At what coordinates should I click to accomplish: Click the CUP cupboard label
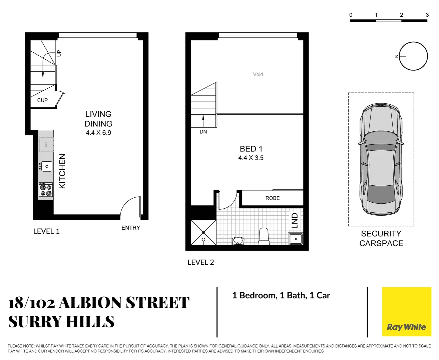[42, 100]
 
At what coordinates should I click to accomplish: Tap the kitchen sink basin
[47, 166]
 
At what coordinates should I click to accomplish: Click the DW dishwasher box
[46, 144]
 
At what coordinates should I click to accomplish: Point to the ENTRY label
[130, 228]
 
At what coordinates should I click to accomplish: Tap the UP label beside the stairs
[59, 53]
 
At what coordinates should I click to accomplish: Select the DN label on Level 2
[203, 132]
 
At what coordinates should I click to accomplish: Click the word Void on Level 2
[258, 74]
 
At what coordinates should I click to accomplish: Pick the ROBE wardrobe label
[273, 198]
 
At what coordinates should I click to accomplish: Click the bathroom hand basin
[238, 241]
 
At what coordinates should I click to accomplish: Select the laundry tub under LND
[296, 239]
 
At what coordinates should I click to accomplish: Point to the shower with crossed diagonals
[203, 232]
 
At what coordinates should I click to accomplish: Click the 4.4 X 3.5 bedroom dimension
[251, 158]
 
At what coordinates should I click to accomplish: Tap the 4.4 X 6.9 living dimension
[98, 133]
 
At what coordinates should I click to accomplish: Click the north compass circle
[413, 56]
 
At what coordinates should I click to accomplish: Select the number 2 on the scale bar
[401, 15]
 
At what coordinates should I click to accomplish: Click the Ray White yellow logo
[406, 311]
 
